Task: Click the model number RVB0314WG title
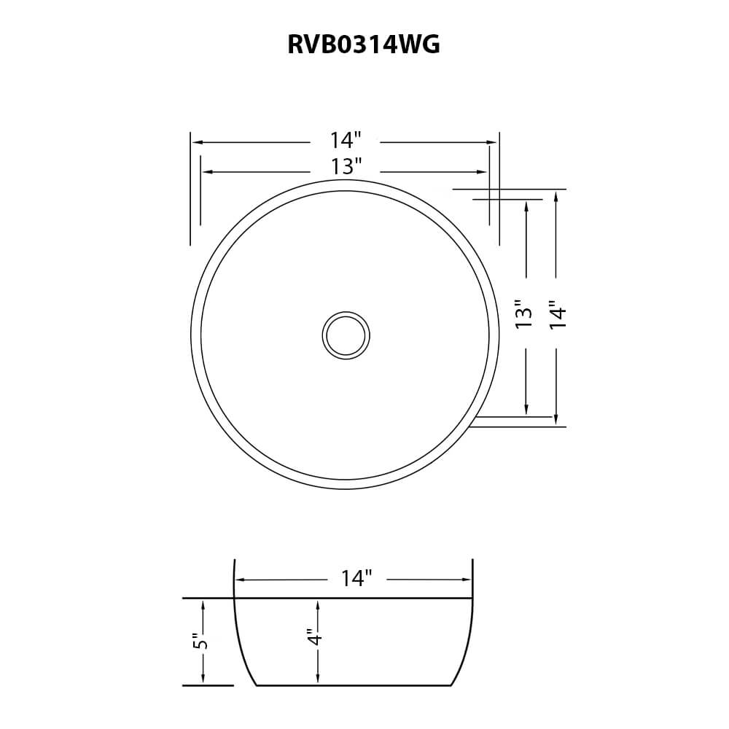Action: [x=364, y=45]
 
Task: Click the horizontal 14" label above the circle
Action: [x=346, y=140]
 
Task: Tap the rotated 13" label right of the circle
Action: [x=524, y=313]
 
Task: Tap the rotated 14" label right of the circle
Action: [x=557, y=315]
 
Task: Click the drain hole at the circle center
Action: [x=346, y=335]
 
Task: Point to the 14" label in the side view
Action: [x=356, y=579]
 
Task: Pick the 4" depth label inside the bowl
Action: [x=315, y=636]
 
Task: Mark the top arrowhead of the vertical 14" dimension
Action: [x=556, y=195]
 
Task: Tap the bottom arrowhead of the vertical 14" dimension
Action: [x=556, y=420]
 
